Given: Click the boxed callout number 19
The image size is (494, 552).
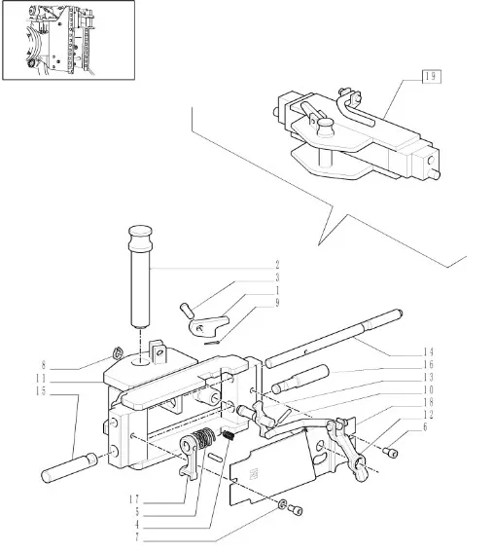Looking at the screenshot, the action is coord(431,76).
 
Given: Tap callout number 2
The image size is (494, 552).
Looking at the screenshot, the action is coord(277,265).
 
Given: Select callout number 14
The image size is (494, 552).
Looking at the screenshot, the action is coord(428,352).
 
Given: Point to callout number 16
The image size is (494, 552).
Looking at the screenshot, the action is coord(428,365).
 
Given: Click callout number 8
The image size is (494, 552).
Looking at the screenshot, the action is coord(44,365).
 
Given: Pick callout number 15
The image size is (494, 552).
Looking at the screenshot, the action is coord(41,391).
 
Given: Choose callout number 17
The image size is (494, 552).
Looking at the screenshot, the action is coord(134,499).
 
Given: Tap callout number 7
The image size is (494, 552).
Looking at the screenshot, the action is coord(137,537).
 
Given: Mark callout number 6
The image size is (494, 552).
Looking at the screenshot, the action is coord(425,427).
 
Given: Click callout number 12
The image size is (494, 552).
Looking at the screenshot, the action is coord(428,415).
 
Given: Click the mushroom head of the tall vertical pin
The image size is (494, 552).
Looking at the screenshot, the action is coord(140,237).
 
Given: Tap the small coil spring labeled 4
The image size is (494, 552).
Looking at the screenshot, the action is coord(229,435).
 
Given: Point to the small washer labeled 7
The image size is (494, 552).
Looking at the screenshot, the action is coord(282,505).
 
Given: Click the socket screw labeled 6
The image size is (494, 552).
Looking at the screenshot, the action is coord(390,452).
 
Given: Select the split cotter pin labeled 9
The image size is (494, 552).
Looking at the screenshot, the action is coord(213,342).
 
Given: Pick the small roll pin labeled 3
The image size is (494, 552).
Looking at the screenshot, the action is coord(187,310).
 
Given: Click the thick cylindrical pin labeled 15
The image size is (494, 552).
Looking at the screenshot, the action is coord(69,467).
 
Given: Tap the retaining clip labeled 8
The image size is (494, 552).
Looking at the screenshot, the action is coord(118,352).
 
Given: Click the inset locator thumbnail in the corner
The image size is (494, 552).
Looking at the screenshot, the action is coord(69,40).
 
